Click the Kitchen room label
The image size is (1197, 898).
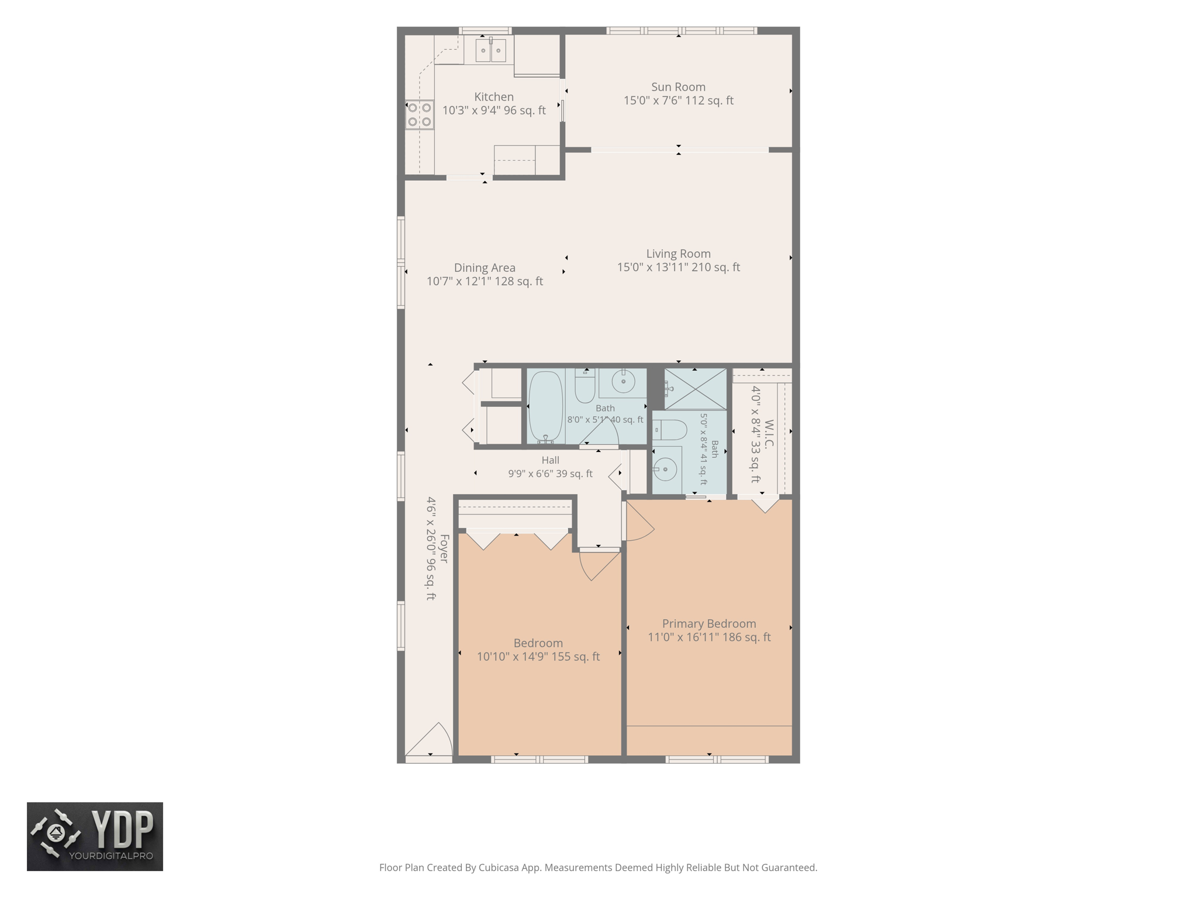click(x=494, y=97)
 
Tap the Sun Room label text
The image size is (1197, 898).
click(x=678, y=87)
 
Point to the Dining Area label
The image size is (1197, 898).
click(x=485, y=268)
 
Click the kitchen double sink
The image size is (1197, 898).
click(x=490, y=50)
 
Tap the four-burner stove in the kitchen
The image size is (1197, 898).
click(x=420, y=115)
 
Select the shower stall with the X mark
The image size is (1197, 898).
click(x=696, y=389)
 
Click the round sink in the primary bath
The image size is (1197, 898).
click(x=666, y=469)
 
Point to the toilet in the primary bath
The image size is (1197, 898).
click(x=670, y=430)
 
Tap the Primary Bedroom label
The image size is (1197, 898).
click(x=709, y=624)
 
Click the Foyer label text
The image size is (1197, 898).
click(x=444, y=548)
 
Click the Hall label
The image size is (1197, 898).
click(x=550, y=460)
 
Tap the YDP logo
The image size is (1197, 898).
click(x=95, y=837)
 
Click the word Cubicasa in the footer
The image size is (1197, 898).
click(x=500, y=868)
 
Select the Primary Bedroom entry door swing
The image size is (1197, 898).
click(x=640, y=521)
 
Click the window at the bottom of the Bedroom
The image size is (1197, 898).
click(x=539, y=759)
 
